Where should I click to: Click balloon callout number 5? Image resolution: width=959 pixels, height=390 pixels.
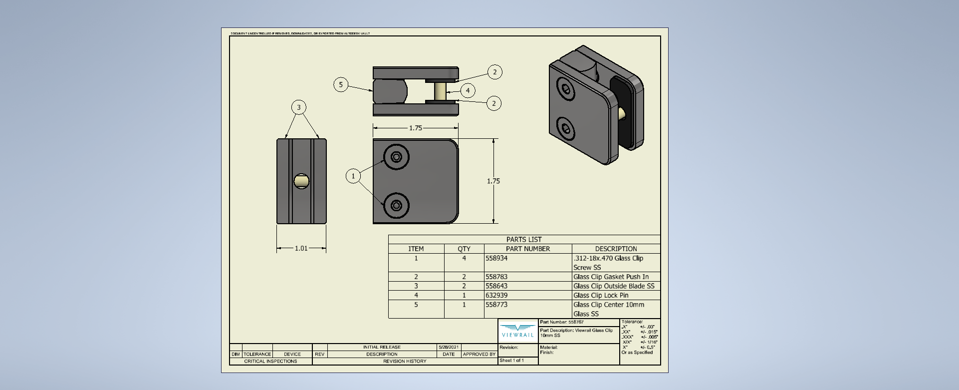341,84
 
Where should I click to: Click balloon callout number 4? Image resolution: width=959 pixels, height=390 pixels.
468,90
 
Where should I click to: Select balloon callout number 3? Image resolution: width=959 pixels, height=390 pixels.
299,107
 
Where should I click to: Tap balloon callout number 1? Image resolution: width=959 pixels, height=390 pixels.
353,176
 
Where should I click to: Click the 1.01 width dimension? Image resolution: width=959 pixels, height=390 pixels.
301,248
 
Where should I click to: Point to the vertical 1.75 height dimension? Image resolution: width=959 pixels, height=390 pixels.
493,181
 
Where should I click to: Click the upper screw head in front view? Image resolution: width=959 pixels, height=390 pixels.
397,157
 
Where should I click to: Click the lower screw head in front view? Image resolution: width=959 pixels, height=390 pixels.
397,205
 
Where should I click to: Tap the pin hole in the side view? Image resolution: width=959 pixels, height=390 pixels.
301,181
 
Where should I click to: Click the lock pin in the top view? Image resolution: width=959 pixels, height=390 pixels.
440,91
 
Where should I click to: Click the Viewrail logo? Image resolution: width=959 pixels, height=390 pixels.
518,331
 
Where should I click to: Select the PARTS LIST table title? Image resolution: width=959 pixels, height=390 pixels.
524,240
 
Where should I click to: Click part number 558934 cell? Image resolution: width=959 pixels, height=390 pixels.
496,258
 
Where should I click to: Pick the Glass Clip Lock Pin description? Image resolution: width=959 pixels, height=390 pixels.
601,295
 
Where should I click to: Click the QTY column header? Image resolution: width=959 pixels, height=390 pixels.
464,249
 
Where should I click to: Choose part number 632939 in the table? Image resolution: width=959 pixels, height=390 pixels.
496,295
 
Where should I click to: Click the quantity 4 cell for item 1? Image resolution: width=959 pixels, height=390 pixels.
464,258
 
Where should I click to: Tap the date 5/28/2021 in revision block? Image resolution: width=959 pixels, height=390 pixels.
449,347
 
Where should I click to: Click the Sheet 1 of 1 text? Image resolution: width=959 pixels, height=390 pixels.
512,360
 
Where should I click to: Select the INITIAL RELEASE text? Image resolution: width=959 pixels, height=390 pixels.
382,347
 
